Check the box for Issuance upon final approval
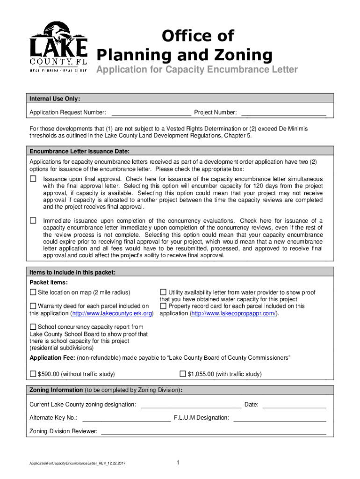click(33, 179)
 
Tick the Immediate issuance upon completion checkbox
click(33, 220)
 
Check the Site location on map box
click(33, 292)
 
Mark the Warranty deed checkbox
click(33, 306)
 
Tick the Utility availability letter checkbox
click(164, 292)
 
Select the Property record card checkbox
click(164, 306)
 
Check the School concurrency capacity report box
click(33, 327)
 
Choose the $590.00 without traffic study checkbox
click(33, 374)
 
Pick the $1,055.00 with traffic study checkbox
click(183, 374)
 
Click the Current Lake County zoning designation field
click(191, 405)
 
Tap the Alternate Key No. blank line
click(126, 418)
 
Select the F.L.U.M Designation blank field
click(279, 418)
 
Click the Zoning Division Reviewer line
click(213, 431)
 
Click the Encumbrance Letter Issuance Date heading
click(79, 152)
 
